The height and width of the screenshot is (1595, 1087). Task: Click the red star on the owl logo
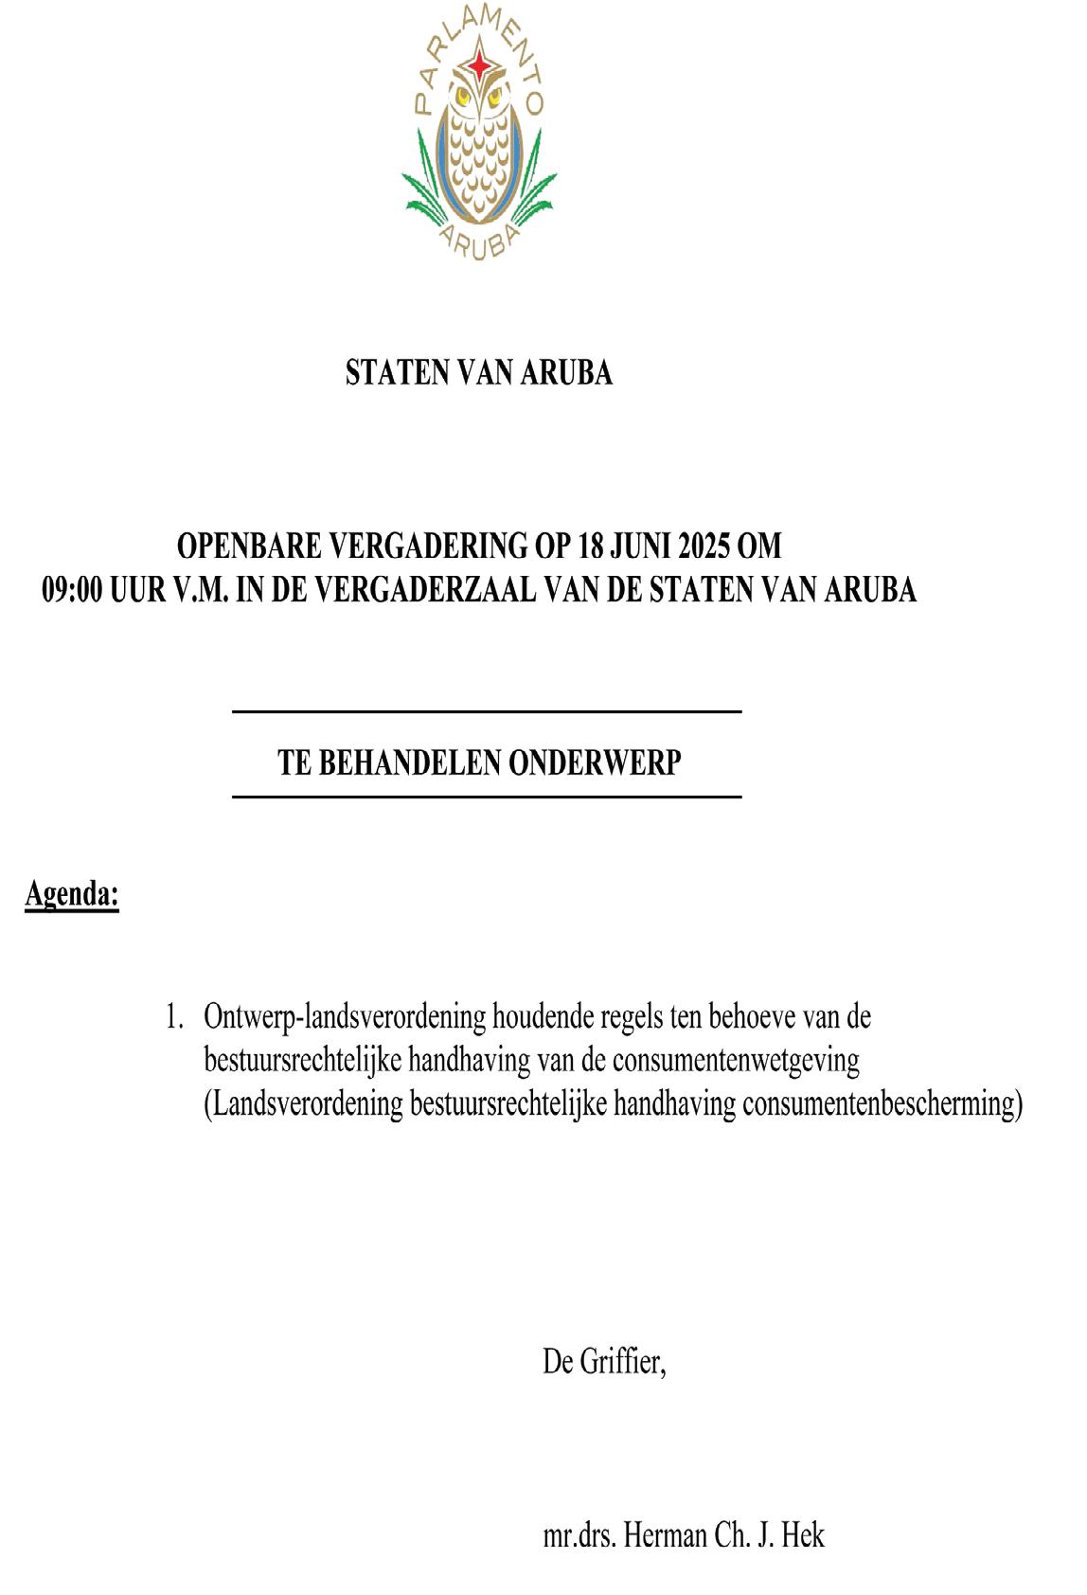coord(481,64)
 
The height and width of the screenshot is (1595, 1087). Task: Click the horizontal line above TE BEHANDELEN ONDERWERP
coord(486,711)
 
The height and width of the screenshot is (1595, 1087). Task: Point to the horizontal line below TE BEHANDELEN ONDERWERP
coord(486,797)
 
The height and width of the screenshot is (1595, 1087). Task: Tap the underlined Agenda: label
coord(72,894)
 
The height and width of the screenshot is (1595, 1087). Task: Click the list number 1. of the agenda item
coord(173,1018)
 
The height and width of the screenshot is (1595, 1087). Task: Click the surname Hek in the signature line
coord(803,1535)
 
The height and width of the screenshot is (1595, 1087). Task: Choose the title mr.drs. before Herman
coord(580,1535)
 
